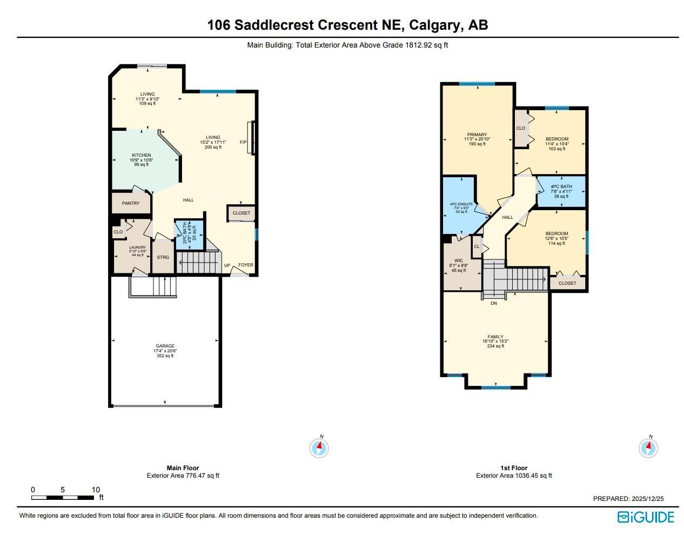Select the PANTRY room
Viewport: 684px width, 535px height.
click(131, 203)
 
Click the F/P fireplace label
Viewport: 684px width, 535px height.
click(243, 142)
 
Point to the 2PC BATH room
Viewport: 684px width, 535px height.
click(189, 235)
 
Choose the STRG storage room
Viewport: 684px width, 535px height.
click(163, 257)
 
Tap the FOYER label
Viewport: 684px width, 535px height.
click(246, 265)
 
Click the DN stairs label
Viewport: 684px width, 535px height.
click(494, 303)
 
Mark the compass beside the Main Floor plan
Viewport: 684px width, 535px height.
click(319, 447)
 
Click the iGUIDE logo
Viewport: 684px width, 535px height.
click(646, 517)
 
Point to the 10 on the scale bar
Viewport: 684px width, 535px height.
click(96, 490)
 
